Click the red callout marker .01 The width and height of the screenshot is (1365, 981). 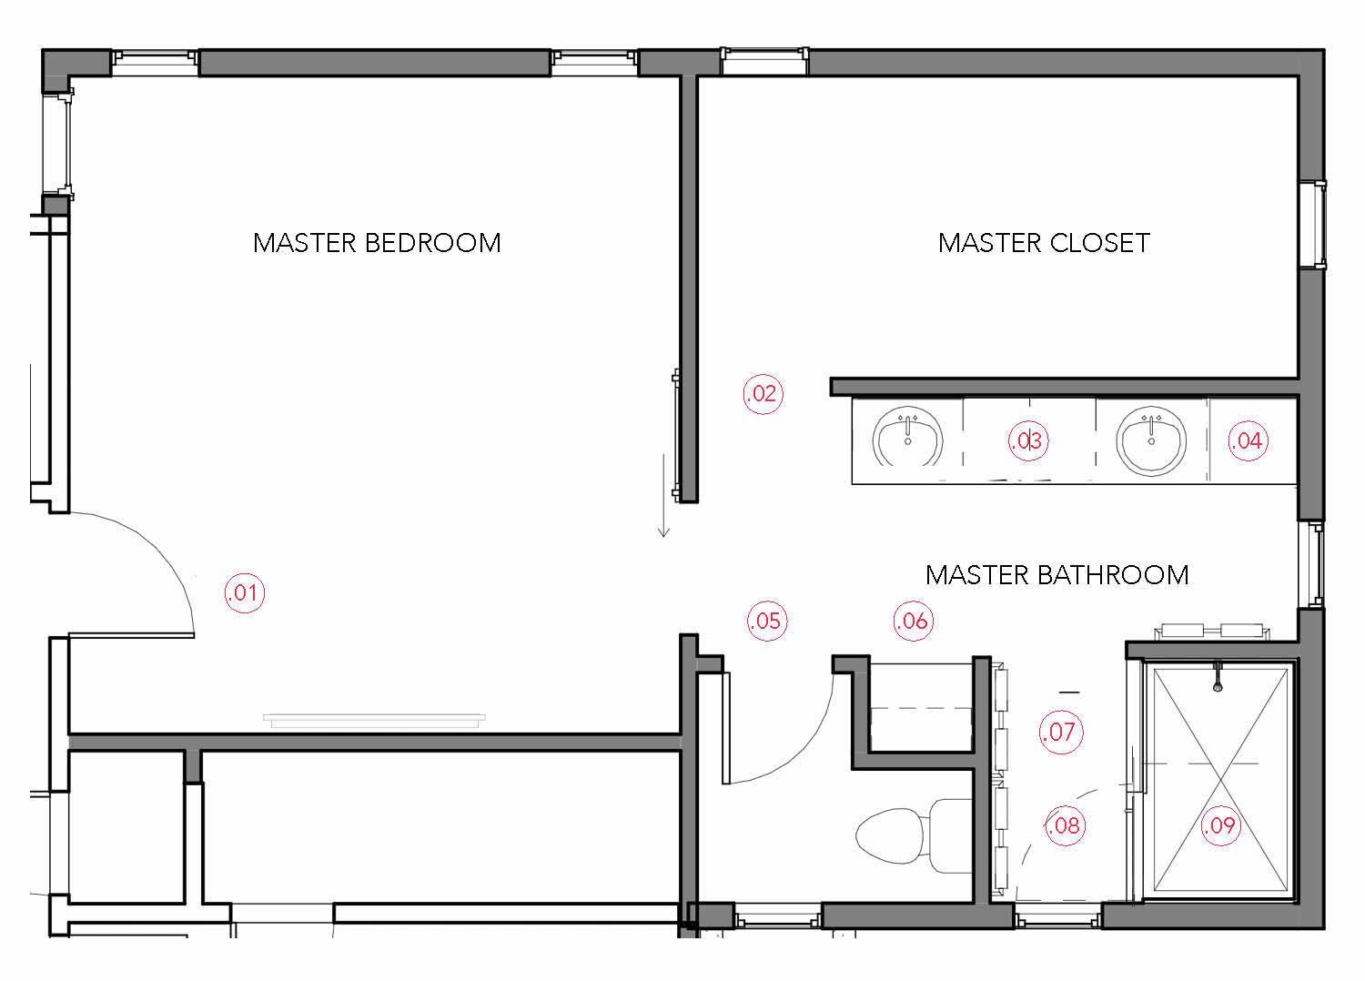(x=244, y=593)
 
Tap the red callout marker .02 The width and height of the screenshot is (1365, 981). (x=763, y=394)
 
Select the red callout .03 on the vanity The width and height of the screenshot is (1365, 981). (x=1028, y=441)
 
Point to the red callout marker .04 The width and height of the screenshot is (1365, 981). (x=1247, y=441)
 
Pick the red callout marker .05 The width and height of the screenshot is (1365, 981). (x=766, y=621)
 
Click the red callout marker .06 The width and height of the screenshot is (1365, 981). (x=913, y=621)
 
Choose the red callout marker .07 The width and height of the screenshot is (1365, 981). (x=1061, y=732)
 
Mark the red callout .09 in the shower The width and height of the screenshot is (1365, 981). (x=1219, y=825)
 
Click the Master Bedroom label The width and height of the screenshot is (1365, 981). (x=377, y=243)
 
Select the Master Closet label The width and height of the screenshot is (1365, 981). (x=1044, y=243)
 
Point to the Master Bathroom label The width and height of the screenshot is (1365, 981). (x=1057, y=575)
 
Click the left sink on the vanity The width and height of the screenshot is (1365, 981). (x=906, y=440)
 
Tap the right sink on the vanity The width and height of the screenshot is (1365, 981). (x=1151, y=440)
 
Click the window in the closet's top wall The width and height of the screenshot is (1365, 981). (x=763, y=61)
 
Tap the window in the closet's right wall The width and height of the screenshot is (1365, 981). (x=1310, y=224)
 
